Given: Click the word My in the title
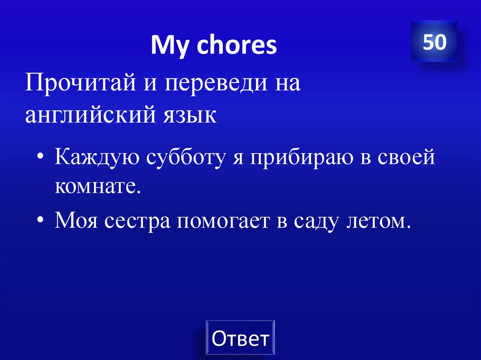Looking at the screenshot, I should (167, 46).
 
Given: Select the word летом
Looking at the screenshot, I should (376, 220).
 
